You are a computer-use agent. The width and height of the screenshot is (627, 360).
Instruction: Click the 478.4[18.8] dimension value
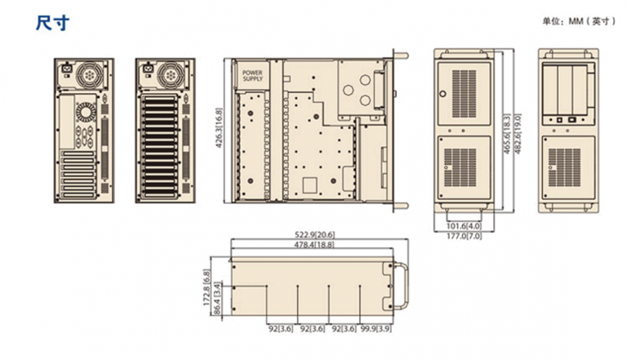[x=314, y=244]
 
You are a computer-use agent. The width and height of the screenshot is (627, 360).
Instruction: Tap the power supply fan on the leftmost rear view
[x=88, y=74]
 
